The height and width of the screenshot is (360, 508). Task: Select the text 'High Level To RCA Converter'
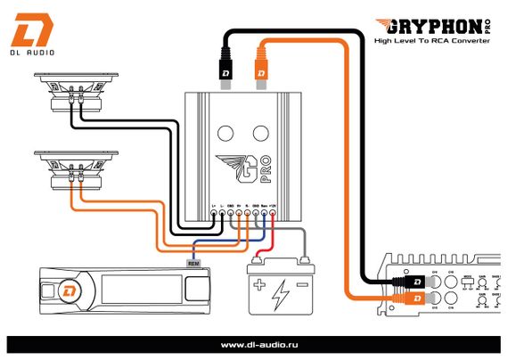431,41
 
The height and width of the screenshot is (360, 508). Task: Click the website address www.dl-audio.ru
254,344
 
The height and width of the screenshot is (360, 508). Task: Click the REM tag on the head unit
193,264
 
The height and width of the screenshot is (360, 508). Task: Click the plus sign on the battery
259,287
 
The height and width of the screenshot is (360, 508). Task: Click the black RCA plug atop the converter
227,64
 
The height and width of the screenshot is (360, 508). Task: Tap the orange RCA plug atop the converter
263,64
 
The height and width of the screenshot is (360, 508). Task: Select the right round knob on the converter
260,134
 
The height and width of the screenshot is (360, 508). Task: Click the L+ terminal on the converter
213,215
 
